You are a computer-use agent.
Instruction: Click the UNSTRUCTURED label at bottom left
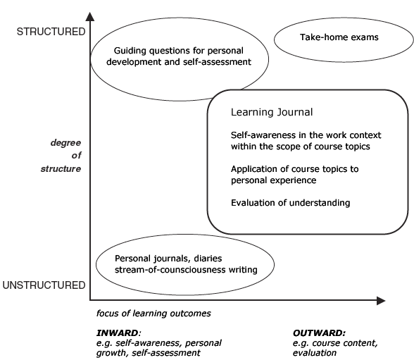(x=42, y=285)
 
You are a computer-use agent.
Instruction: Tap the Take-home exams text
(x=339, y=37)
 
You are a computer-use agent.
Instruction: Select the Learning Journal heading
(x=271, y=112)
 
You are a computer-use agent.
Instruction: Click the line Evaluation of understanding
(x=290, y=203)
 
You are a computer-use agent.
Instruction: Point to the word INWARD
(x=118, y=333)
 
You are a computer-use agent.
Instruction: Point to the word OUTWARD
(x=318, y=333)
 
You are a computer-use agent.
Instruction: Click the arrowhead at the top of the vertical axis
(x=90, y=15)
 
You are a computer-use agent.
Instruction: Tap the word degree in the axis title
(x=65, y=142)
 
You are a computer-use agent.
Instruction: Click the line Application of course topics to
(x=294, y=169)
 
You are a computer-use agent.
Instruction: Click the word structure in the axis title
(x=65, y=169)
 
